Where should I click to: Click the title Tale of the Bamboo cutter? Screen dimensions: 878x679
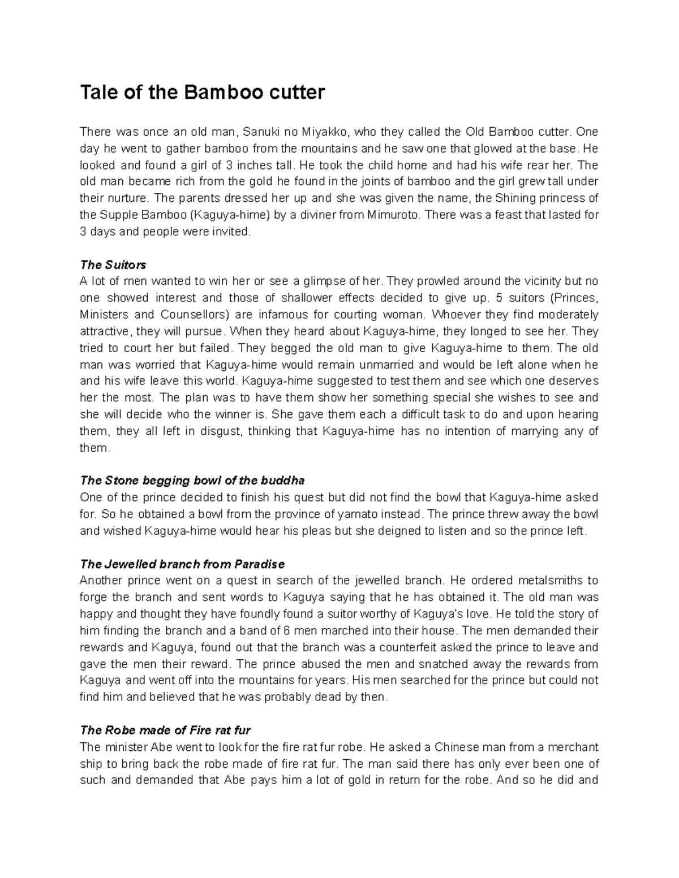(x=202, y=92)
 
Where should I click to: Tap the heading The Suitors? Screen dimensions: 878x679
(x=113, y=265)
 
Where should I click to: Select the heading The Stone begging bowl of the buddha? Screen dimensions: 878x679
(x=192, y=481)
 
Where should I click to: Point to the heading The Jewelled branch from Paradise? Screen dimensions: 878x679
(x=182, y=564)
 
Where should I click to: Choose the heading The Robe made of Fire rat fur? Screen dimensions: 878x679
(x=166, y=730)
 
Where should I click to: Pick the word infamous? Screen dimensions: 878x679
(x=274, y=314)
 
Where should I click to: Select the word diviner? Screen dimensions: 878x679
(x=321, y=215)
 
